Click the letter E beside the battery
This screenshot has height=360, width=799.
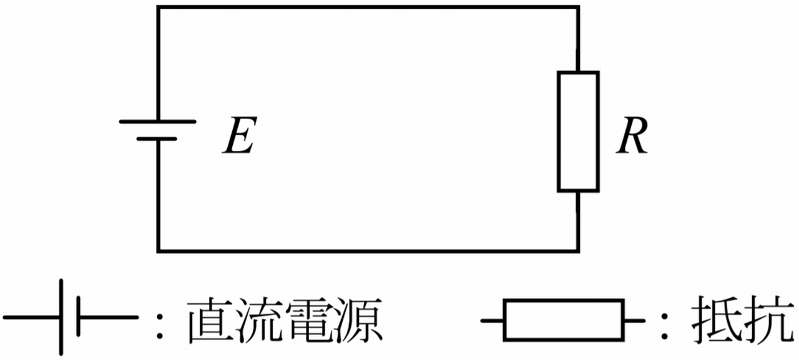tap(239, 135)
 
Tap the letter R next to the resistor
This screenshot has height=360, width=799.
tap(632, 135)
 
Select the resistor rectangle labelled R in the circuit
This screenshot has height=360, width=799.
tap(578, 131)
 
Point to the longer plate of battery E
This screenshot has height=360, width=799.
tap(157, 121)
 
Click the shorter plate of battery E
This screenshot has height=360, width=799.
tap(157, 139)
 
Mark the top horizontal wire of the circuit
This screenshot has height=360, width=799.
tap(368, 7)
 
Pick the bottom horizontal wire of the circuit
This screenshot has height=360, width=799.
tap(368, 251)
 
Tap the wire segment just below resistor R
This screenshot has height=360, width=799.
tap(578, 221)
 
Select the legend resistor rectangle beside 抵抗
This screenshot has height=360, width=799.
tap(564, 320)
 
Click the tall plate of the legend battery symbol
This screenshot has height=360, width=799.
tap(62, 317)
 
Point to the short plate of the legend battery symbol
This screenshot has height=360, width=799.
tap(80, 317)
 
